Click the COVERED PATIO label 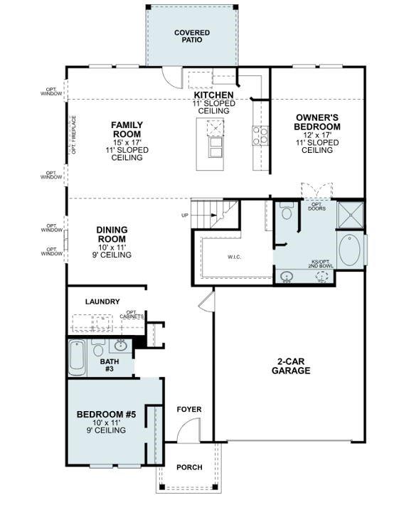pos(191,36)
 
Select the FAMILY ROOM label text pos(127,129)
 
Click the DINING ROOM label pos(112,234)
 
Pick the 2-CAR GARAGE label pos(293,366)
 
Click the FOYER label pos(190,410)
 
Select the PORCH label pos(189,467)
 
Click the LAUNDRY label pos(102,302)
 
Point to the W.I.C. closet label pos(235,257)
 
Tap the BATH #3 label pos(110,364)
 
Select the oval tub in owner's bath pos(350,252)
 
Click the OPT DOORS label pos(317,207)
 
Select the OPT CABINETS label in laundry pos(135,314)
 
